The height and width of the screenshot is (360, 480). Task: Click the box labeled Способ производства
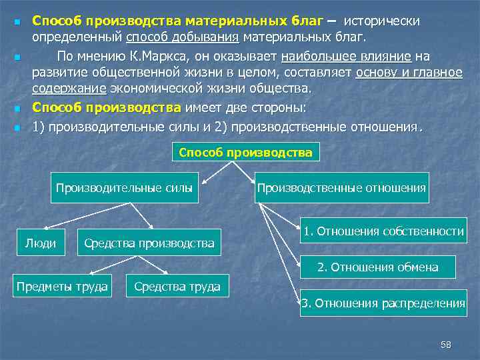pos(245,152)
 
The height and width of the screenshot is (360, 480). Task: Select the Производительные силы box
pos(125,188)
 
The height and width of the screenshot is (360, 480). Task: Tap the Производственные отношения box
pos(341,188)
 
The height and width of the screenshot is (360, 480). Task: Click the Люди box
pos(40,243)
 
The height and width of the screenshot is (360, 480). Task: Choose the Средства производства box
pos(149,243)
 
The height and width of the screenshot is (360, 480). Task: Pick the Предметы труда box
pos(63,287)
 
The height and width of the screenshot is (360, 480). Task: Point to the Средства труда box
pos(177,287)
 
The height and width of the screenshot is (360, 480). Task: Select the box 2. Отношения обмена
pos(377,267)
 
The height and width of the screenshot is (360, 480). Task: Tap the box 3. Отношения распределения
pos(383,303)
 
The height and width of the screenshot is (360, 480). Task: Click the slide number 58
pos(446,344)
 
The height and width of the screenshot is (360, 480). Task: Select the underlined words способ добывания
pos(183,35)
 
